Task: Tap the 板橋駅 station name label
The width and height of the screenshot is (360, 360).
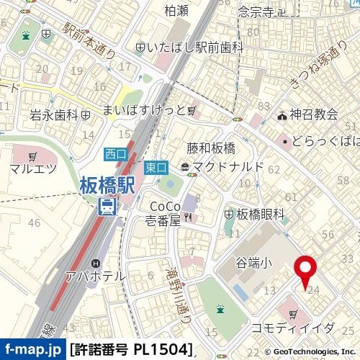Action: [x=107, y=185]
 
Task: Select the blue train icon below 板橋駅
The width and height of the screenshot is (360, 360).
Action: [x=107, y=207]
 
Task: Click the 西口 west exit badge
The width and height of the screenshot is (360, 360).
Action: [x=115, y=153]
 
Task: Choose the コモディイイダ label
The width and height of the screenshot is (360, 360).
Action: [x=292, y=328]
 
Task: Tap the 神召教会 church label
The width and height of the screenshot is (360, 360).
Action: [x=314, y=114]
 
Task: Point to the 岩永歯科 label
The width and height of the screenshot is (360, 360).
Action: [x=54, y=114]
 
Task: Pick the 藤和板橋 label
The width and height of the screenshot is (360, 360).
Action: [x=211, y=149]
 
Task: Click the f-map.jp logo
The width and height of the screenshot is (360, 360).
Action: [x=33, y=350]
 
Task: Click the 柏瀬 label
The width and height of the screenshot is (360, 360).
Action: [x=176, y=10]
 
